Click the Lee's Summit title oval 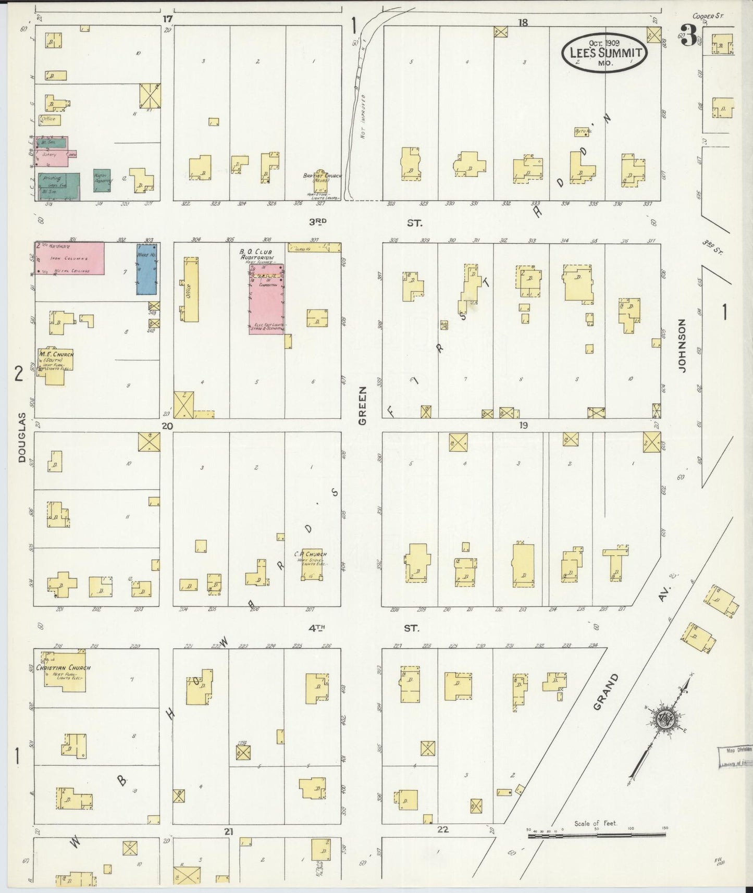(x=604, y=52)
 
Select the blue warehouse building (x=147, y=269)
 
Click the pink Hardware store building (x=69, y=258)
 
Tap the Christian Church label (x=63, y=667)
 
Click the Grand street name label (x=607, y=691)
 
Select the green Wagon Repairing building (x=102, y=181)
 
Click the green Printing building (x=58, y=186)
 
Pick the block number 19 (x=523, y=425)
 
